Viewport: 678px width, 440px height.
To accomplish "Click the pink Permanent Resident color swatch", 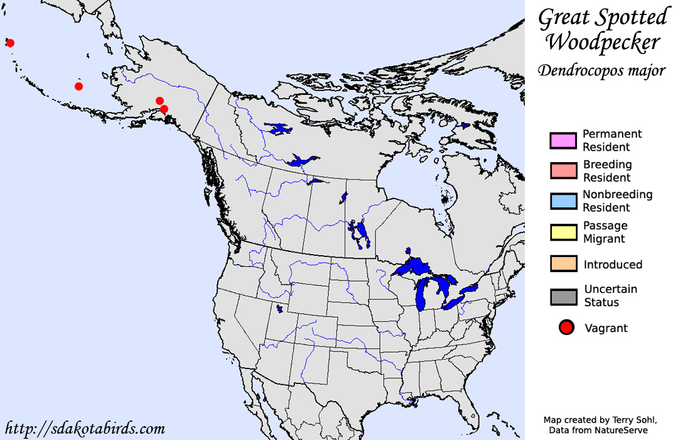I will (x=562, y=140).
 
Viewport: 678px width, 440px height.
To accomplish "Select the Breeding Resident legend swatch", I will (x=562, y=170).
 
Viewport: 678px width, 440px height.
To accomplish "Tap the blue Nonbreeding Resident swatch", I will (x=562, y=201).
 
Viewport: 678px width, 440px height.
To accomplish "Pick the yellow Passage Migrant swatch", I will (x=562, y=232).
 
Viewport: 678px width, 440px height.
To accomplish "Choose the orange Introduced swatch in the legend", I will (x=562, y=264).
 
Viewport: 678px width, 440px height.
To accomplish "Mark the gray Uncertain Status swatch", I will (x=562, y=296).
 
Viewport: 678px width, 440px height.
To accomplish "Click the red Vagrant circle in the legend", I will (x=567, y=327).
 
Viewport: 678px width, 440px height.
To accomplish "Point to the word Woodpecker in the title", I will (x=602, y=43).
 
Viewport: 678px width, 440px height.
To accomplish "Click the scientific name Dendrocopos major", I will (x=601, y=70).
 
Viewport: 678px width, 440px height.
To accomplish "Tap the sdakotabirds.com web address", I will (x=85, y=429).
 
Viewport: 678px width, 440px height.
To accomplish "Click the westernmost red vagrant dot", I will (x=10, y=43).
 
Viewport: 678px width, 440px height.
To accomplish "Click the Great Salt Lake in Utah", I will (x=279, y=309).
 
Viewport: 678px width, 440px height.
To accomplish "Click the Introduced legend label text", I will (x=613, y=265).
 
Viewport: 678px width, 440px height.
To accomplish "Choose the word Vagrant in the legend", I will (x=606, y=328).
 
